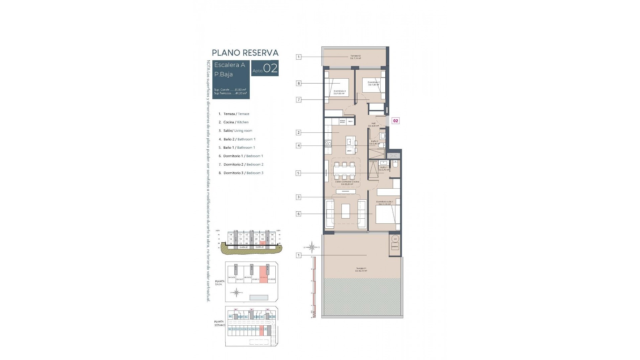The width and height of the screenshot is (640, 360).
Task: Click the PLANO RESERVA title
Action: [x=245, y=53]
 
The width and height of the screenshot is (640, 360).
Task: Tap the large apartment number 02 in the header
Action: [x=270, y=68]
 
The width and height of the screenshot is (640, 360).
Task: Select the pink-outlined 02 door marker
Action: [x=395, y=121]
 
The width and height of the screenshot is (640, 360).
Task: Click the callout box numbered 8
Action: [x=299, y=83]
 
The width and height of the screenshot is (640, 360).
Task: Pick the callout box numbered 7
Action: [x=299, y=100]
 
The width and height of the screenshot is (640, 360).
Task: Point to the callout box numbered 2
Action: [x=299, y=133]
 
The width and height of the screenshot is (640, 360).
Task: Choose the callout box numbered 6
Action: [x=299, y=214]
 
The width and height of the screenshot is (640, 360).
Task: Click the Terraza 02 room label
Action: [x=355, y=57]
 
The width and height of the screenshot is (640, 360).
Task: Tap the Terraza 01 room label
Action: [x=361, y=269]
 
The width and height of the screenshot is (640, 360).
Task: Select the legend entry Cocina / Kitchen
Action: [x=236, y=122]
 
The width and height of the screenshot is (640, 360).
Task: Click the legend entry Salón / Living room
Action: [x=238, y=131]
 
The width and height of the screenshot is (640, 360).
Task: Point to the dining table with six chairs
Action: [x=345, y=171]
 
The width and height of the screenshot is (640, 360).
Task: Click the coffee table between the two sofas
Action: [x=346, y=211]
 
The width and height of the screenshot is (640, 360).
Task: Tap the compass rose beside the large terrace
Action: [x=312, y=247]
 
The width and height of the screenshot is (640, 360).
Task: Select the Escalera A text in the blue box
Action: [x=229, y=65]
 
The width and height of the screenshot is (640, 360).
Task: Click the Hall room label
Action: [x=373, y=124]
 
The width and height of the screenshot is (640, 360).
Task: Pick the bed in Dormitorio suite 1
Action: [x=387, y=214]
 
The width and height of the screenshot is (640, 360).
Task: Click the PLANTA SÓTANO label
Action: [x=219, y=323]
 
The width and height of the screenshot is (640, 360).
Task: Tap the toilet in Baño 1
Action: [x=395, y=164]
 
